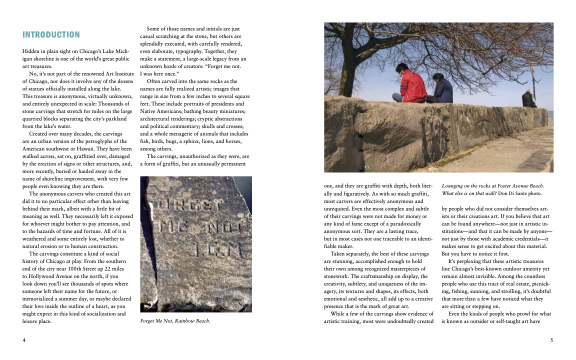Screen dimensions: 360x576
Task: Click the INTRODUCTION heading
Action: pyautogui.click(x=51, y=34)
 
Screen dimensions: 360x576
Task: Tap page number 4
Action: pyautogui.click(x=24, y=340)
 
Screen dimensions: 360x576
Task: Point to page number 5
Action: pyautogui.click(x=551, y=340)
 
